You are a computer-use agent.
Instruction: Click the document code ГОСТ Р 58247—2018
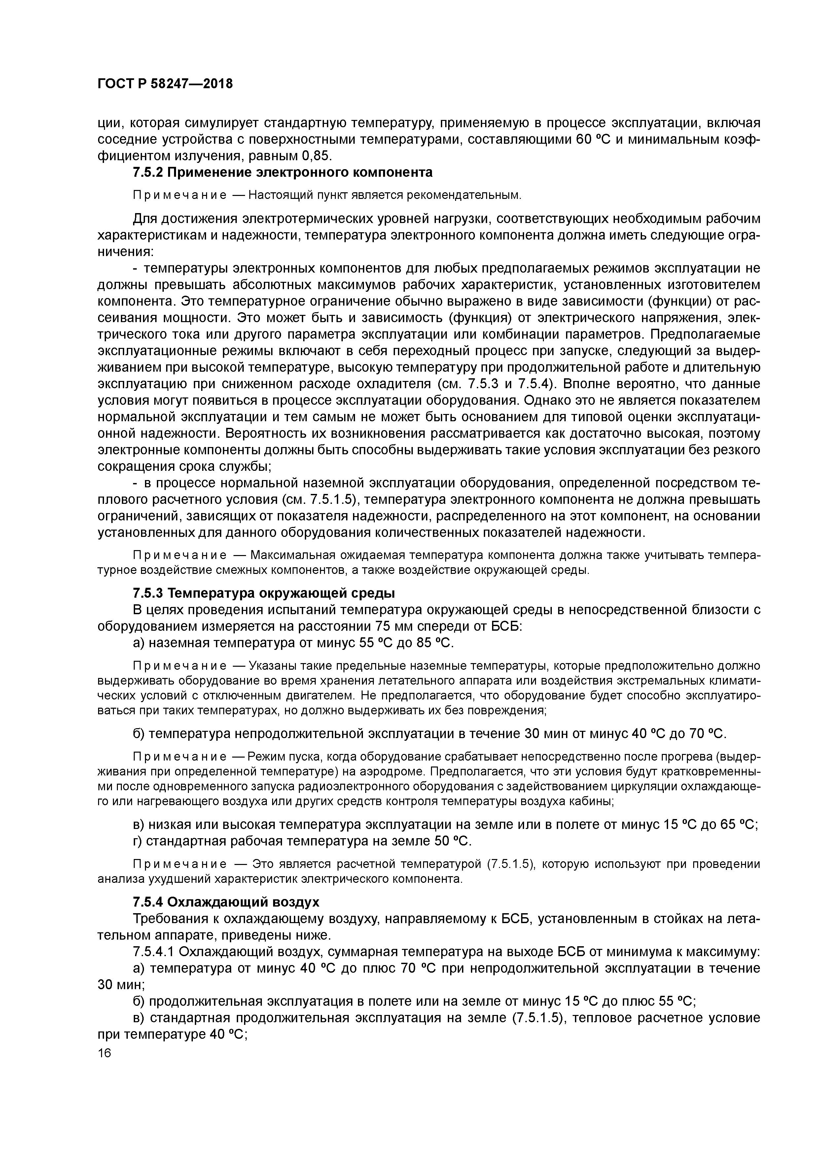tap(165, 84)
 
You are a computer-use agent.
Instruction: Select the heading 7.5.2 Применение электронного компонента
tap(283, 173)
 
